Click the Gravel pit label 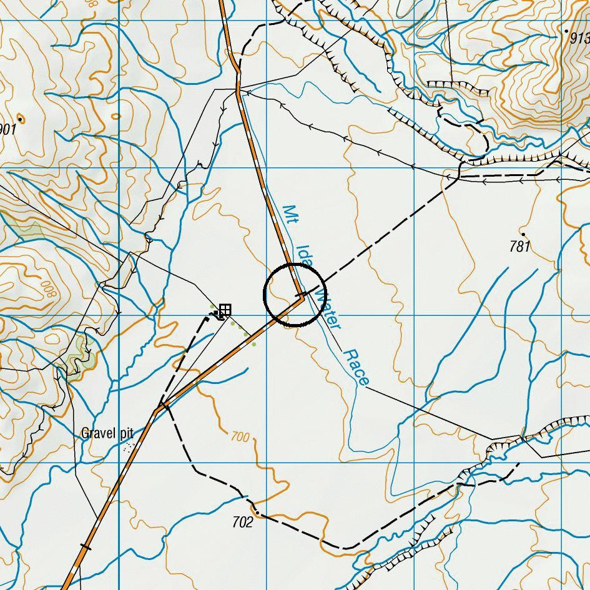107,433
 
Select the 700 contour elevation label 240,436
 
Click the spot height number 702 242,522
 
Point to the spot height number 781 519,247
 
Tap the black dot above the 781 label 523,235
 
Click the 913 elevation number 580,37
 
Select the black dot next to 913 566,31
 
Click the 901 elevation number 7,129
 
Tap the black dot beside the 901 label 20,118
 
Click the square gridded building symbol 225,309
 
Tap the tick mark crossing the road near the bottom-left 86,548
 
